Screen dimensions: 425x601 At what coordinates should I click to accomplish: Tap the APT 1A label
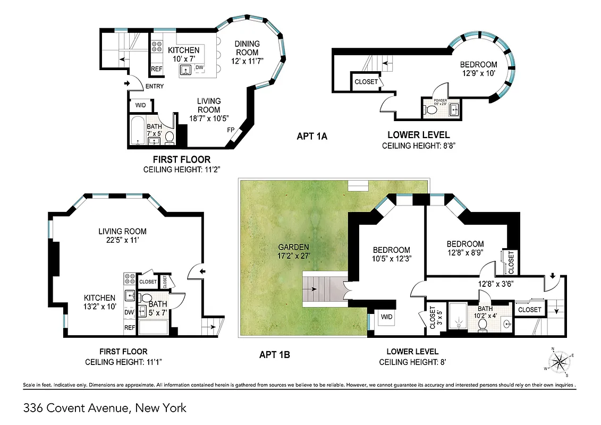click(312, 137)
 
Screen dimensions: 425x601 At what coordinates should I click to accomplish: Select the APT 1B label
click(274, 354)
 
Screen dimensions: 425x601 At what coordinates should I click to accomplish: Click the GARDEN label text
click(293, 247)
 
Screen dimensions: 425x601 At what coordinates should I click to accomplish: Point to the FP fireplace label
click(231, 130)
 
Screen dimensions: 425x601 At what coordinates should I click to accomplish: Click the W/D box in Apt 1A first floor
click(141, 105)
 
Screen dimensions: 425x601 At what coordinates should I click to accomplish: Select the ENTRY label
click(154, 87)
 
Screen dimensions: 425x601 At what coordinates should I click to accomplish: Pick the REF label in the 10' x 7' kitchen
click(157, 69)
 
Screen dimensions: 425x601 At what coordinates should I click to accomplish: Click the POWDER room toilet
click(431, 110)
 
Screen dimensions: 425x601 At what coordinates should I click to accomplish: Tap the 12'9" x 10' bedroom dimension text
click(478, 73)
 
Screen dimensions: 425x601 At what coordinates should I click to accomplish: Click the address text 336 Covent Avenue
click(105, 409)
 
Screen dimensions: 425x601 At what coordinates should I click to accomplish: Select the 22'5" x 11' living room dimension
click(122, 240)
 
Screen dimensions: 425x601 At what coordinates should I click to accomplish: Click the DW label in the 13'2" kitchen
click(129, 313)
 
